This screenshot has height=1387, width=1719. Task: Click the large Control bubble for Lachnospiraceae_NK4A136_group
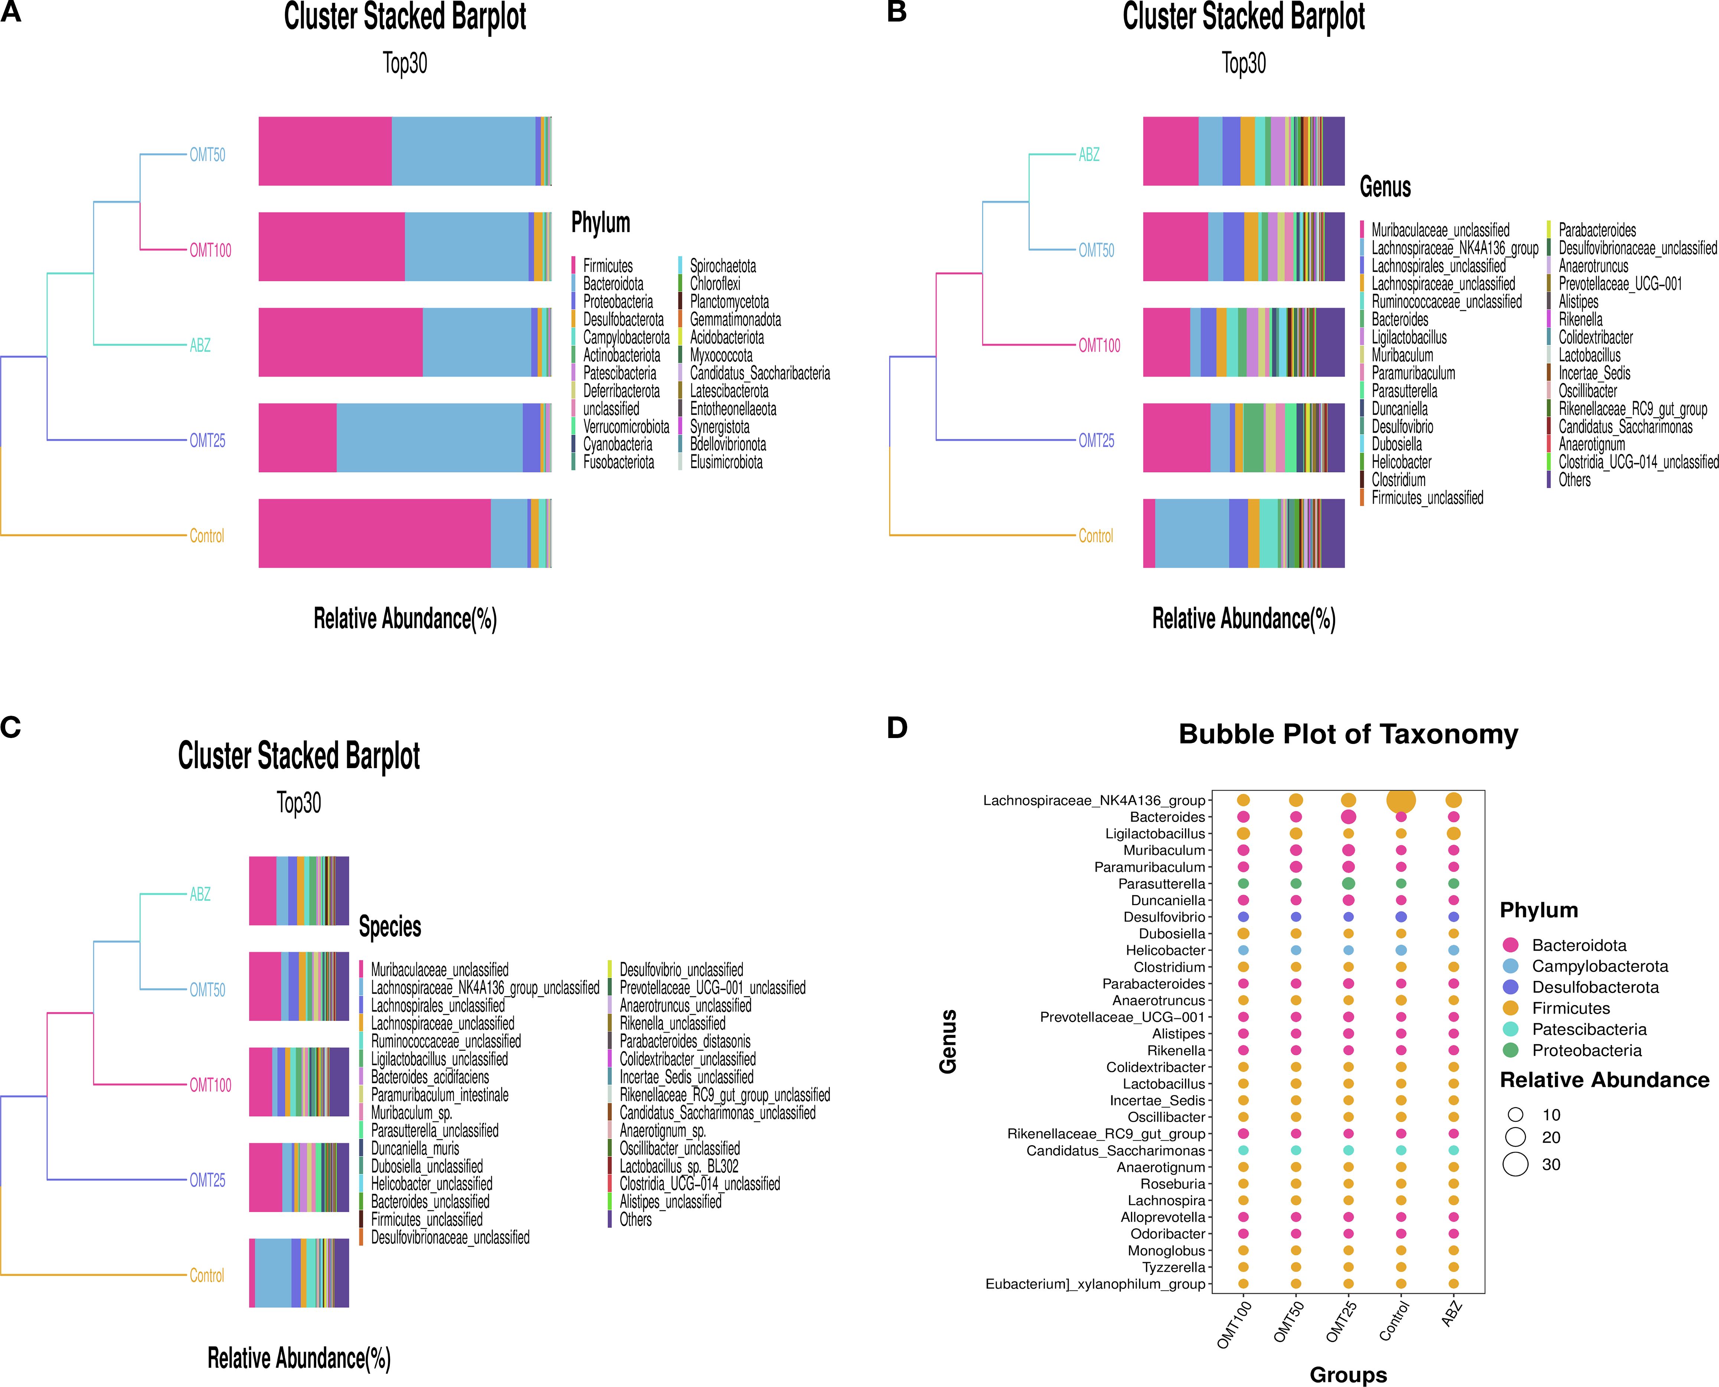pos(1400,800)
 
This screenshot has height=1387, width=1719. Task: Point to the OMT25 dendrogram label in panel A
pos(207,440)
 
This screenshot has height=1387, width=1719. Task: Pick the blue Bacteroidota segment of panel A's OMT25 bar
pos(429,438)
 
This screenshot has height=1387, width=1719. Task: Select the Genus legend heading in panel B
pos(1385,187)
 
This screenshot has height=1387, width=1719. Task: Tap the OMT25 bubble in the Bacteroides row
pos(1348,817)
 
